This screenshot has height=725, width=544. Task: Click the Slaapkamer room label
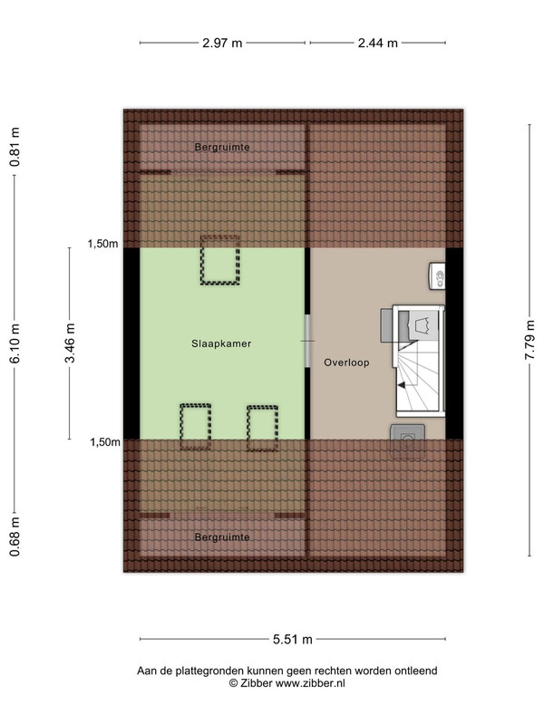pos(221,343)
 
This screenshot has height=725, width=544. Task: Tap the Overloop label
pos(346,362)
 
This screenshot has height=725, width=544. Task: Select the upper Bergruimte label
pos(222,147)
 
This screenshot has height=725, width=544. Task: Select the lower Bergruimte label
pos(222,537)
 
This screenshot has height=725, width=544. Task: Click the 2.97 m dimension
pos(222,43)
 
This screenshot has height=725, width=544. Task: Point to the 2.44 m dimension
pos(377,43)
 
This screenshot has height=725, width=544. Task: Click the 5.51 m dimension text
pos(292,640)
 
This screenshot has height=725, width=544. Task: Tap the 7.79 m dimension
pos(529,340)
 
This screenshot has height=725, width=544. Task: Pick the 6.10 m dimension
pos(15,343)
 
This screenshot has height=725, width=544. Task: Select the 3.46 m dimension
pos(70,343)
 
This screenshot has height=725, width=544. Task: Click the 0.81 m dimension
pos(15,147)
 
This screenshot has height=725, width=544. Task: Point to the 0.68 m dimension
pos(15,536)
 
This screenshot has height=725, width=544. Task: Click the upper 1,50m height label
pos(102,244)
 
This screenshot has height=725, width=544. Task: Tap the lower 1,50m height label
pos(104,442)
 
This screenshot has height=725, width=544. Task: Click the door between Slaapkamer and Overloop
pos(307,342)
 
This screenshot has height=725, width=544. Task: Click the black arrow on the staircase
pos(402,384)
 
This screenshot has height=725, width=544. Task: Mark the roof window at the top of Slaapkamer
pos(220,260)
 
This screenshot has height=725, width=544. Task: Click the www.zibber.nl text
pos(310,683)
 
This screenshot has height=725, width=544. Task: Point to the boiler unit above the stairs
pos(437,276)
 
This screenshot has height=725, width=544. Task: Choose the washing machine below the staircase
pos(407,441)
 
